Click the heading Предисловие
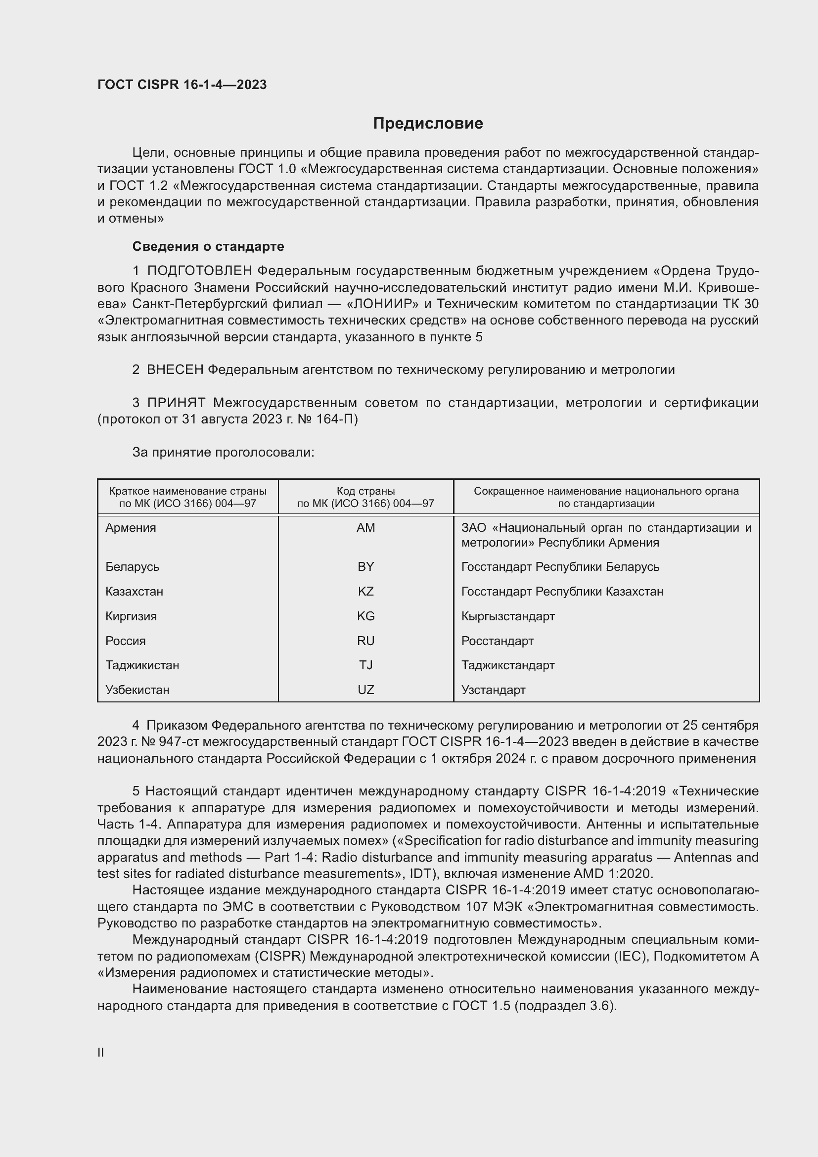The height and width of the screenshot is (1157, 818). coord(428,124)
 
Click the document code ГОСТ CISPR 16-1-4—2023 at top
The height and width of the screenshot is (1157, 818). coord(182,85)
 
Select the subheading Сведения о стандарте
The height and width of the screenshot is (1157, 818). coord(208,246)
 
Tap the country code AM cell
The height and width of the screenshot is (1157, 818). coord(365,528)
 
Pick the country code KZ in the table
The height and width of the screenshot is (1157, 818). coord(365,591)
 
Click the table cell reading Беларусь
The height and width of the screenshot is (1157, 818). coord(133,567)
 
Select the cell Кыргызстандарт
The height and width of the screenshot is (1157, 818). coord(508,616)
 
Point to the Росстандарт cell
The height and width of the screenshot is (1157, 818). coord(497,641)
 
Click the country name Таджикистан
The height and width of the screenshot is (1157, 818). coord(142,665)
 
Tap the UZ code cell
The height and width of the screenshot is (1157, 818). coord(365,690)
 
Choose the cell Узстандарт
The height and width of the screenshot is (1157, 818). coord(493,690)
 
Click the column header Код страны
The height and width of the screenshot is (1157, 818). coord(365,491)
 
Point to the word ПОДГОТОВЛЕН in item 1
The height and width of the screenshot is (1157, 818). coord(199,271)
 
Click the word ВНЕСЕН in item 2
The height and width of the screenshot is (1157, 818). coord(175,370)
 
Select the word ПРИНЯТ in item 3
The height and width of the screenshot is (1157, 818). coord(176,403)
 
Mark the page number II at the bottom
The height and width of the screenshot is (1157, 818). coord(101,1052)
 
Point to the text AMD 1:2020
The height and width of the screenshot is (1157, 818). coord(612,873)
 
